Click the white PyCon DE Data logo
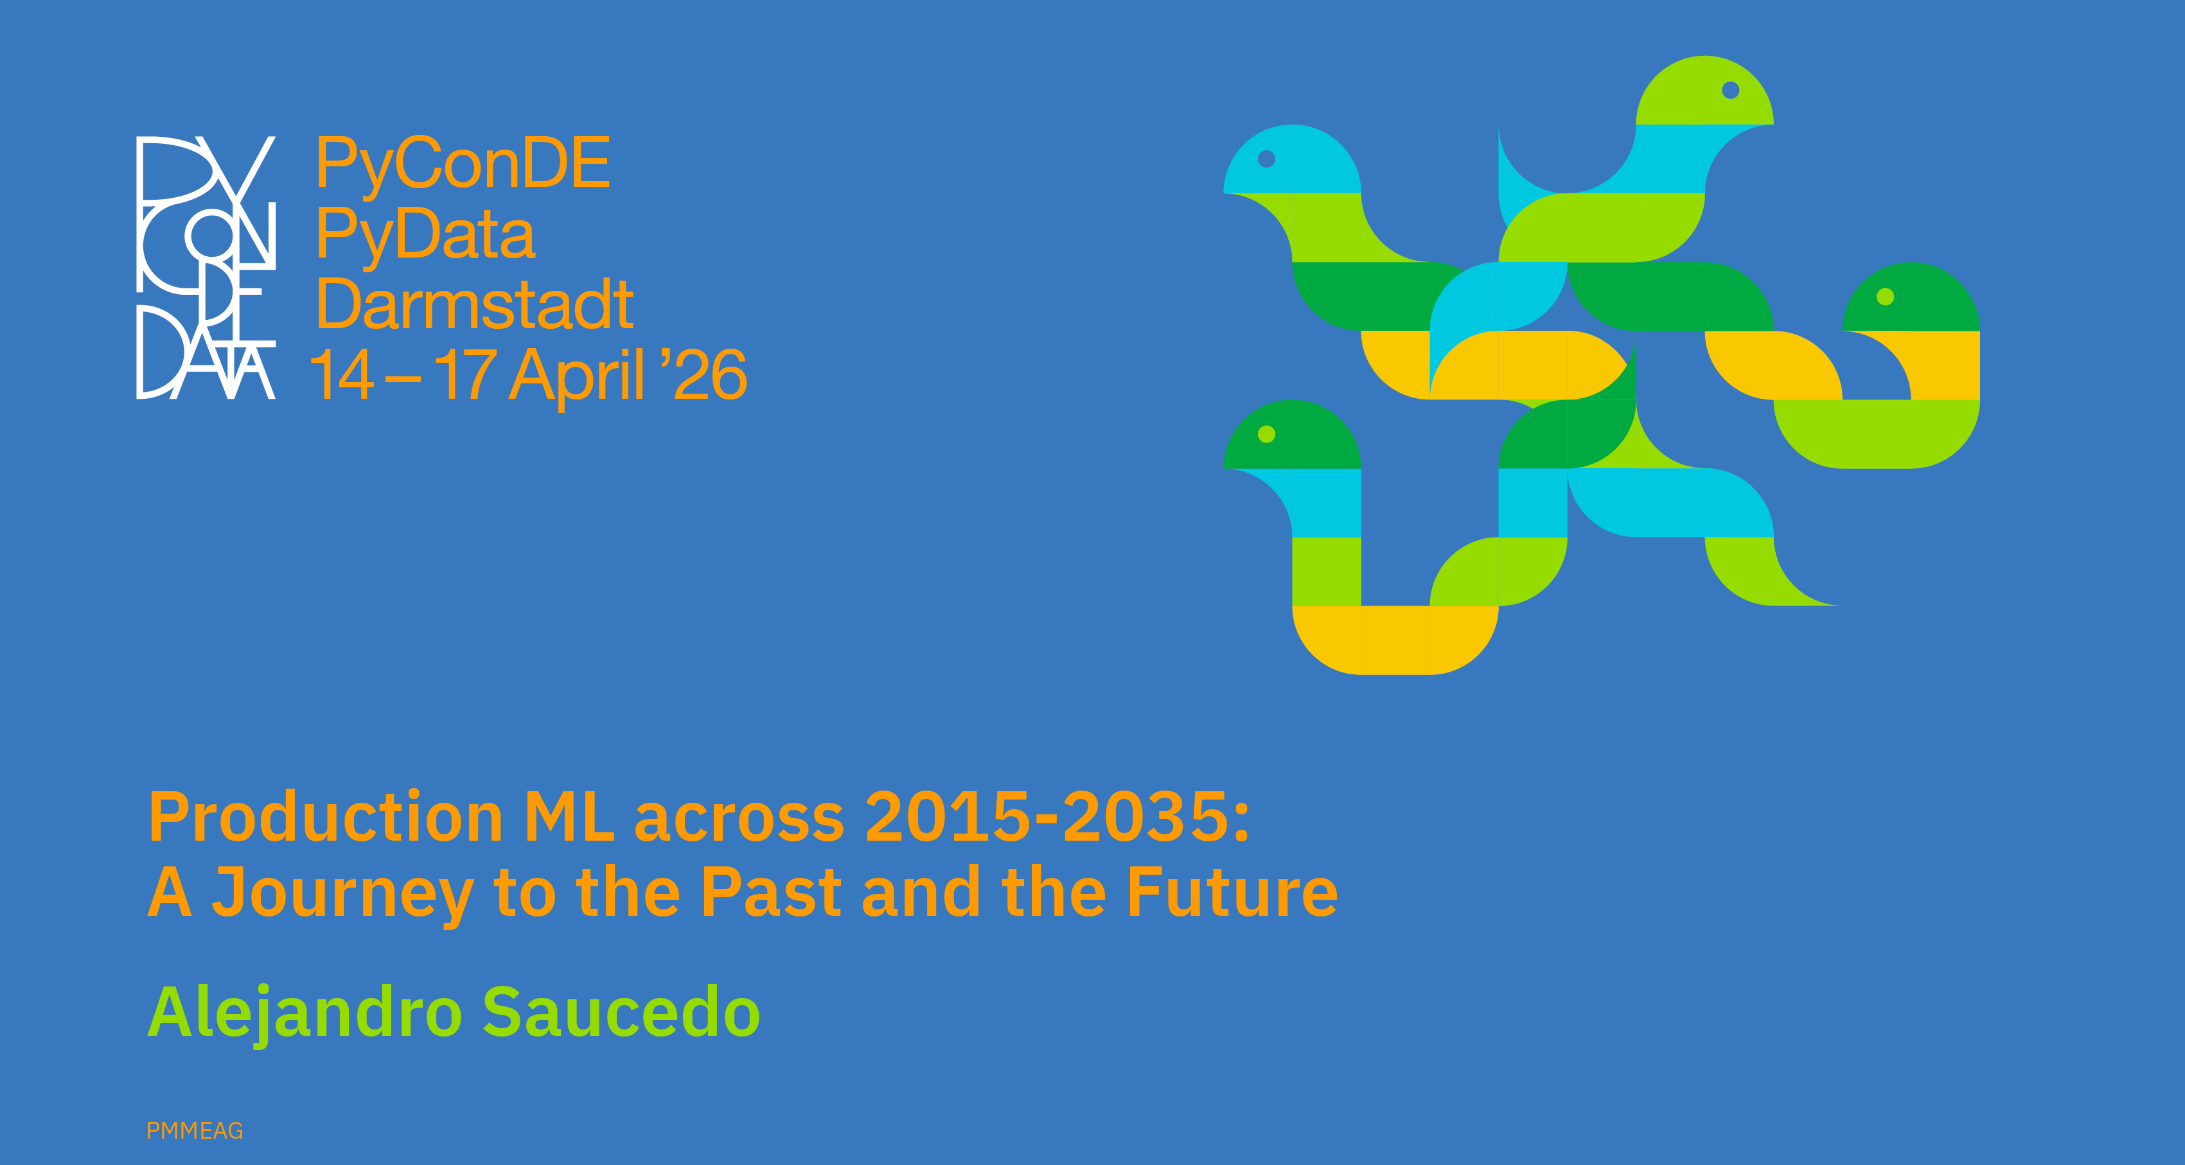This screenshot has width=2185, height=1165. point(206,267)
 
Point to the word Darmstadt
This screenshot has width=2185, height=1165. point(475,304)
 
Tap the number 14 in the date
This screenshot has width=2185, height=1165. point(342,374)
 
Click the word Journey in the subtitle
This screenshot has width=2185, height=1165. point(342,895)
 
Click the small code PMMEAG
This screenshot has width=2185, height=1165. point(195,1131)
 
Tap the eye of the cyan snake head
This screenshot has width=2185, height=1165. point(1266,159)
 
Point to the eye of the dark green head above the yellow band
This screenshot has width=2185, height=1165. point(1886,297)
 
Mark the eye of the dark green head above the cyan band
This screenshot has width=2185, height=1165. point(1266,434)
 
